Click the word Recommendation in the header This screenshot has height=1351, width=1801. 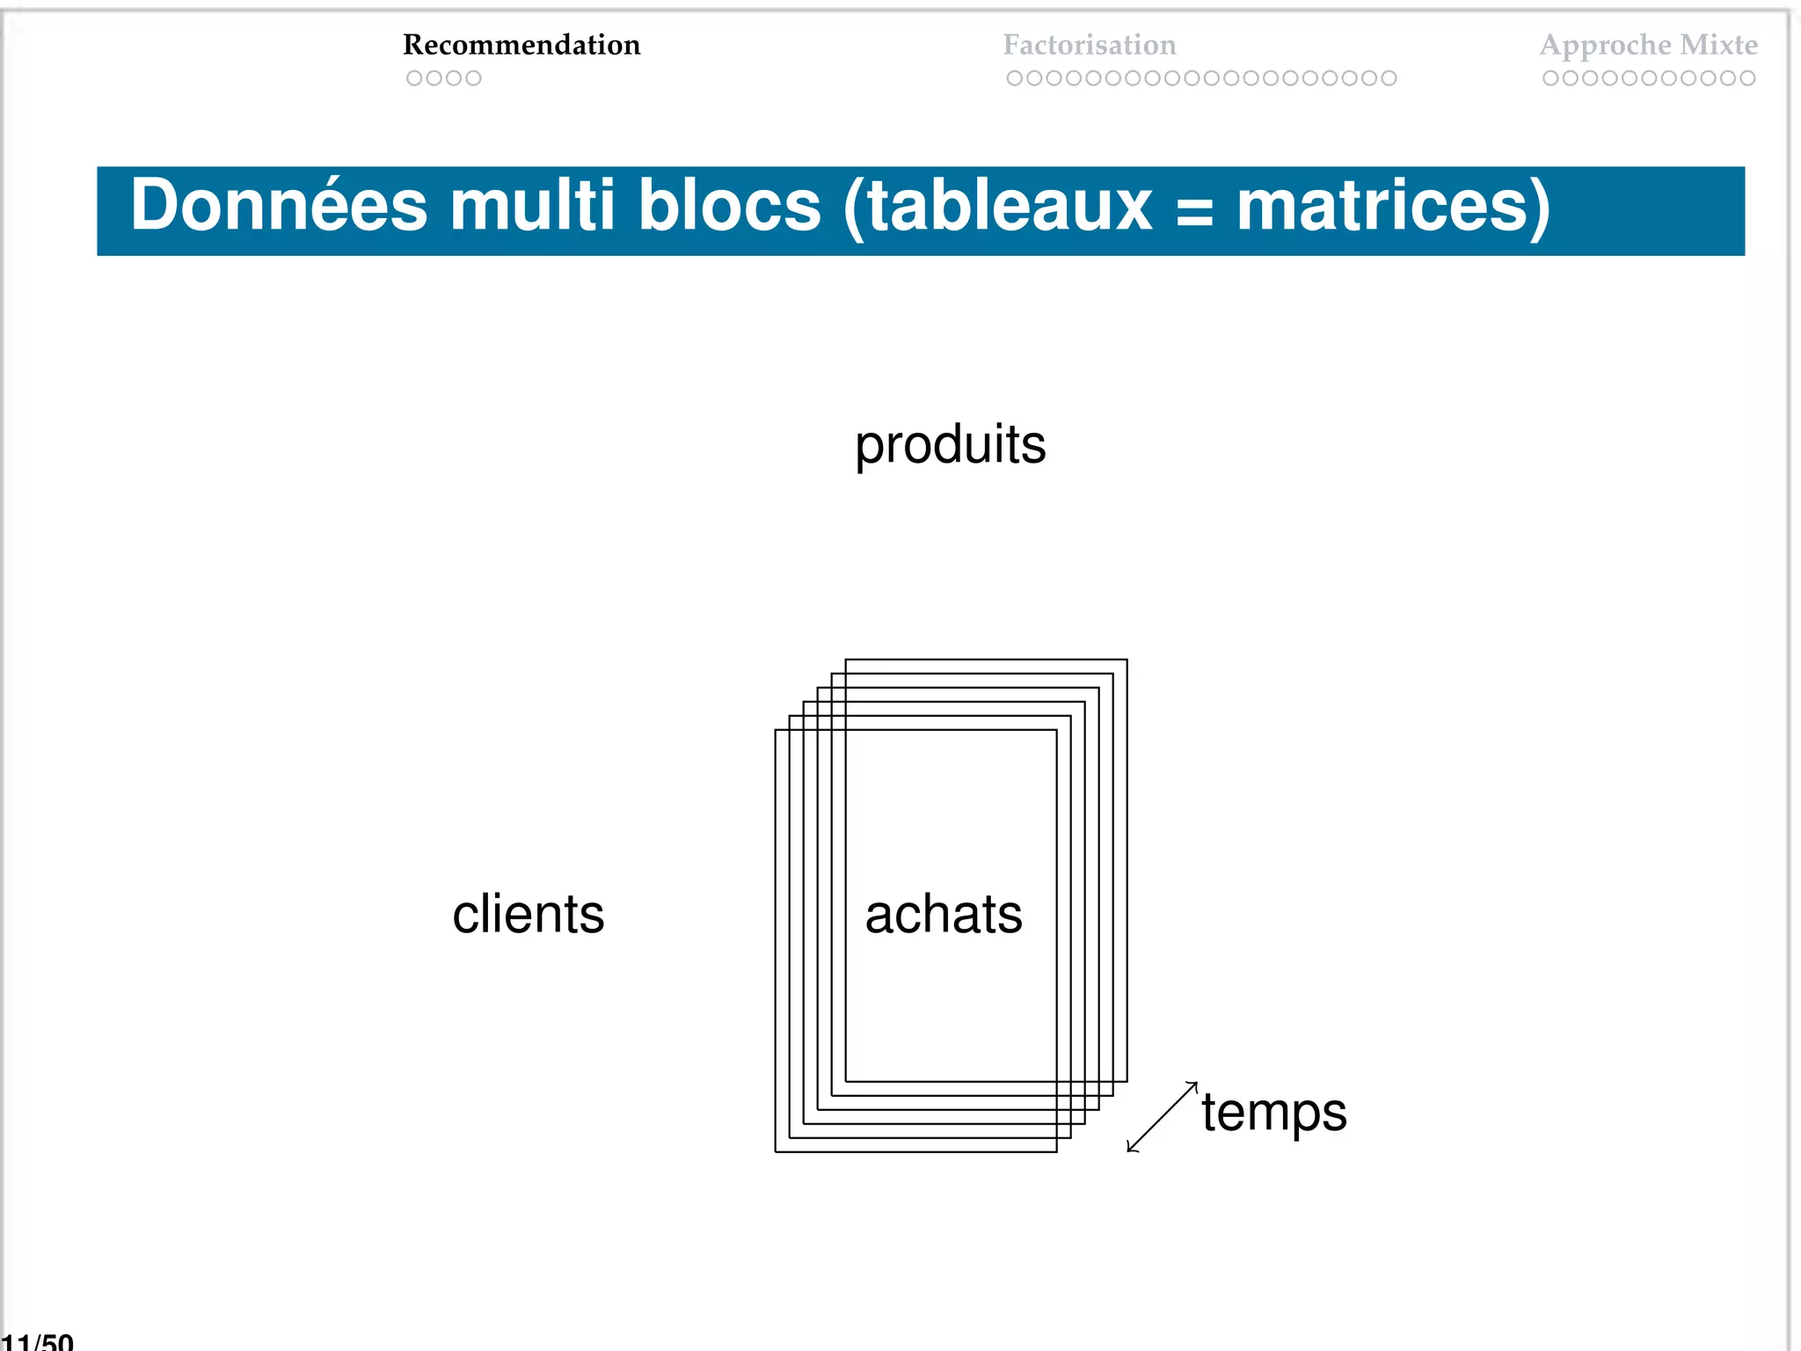point(521,45)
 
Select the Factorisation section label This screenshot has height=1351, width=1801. point(1089,45)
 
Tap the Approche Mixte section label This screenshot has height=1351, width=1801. point(1648,45)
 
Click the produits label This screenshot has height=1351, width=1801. point(950,444)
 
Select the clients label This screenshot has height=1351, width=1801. point(528,914)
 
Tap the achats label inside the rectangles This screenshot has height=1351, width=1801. point(944,914)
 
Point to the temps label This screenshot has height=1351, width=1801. point(1273,1114)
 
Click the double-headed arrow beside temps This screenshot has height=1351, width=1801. point(1162,1117)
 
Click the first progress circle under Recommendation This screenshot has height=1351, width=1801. point(414,78)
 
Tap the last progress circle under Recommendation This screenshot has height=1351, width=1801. point(473,78)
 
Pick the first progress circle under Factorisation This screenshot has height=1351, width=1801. point(1014,78)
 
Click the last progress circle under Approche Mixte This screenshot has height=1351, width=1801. point(1747,78)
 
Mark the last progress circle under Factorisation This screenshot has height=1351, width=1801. point(1389,78)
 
